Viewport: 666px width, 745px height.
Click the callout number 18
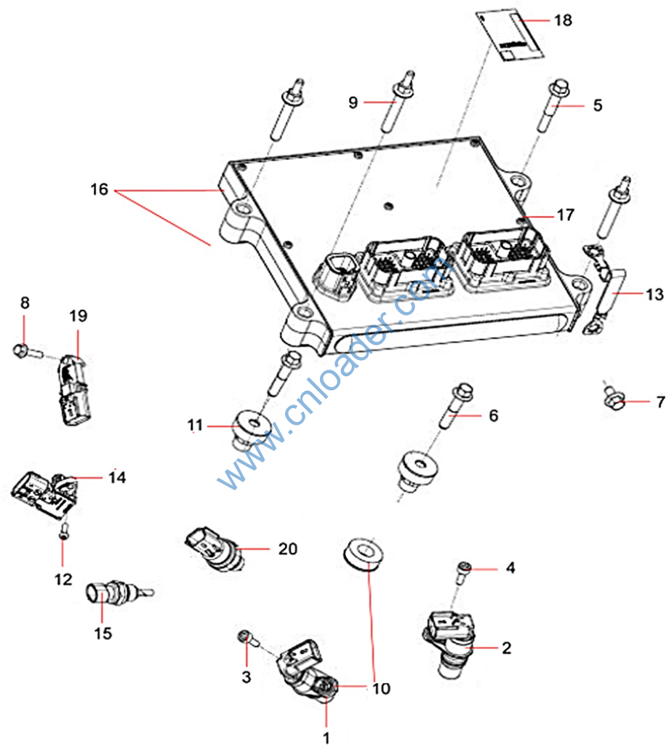pos(563,20)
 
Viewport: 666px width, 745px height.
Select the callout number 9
pos(353,103)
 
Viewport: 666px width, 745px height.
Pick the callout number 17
pos(566,215)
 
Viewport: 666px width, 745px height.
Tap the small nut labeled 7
pos(614,397)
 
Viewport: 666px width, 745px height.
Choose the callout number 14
pos(117,477)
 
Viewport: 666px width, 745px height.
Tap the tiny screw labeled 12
pos(65,531)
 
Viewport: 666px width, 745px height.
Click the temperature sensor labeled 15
pos(106,594)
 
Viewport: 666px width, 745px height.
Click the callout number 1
pos(326,738)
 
